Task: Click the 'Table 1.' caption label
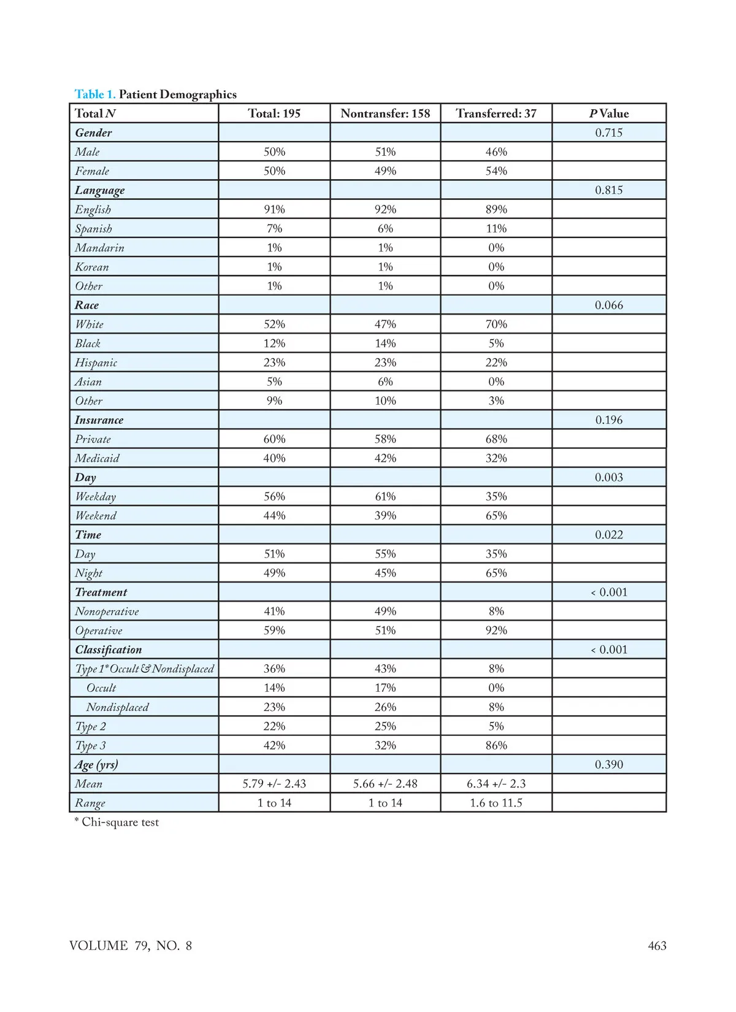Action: coord(94,94)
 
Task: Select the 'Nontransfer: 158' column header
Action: coord(385,113)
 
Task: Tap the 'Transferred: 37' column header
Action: coord(496,113)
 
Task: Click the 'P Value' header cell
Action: coord(609,113)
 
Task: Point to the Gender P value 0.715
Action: coord(609,132)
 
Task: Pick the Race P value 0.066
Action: coord(609,305)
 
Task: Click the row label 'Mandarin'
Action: coord(99,248)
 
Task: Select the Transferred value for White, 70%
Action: coord(496,324)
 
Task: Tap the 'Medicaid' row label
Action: coord(97,458)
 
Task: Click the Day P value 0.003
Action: coord(609,477)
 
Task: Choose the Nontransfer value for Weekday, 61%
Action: coord(385,496)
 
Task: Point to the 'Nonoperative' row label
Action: coord(107,611)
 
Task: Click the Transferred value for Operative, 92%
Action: coord(496,631)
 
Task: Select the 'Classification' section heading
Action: coord(108,650)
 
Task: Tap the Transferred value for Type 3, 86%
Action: coord(496,745)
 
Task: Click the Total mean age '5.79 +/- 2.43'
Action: coord(274,784)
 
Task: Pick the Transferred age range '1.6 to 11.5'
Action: coord(496,803)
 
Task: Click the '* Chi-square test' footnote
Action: coord(117,822)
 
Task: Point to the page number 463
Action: coord(657,946)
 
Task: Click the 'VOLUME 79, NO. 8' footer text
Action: coord(131,946)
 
